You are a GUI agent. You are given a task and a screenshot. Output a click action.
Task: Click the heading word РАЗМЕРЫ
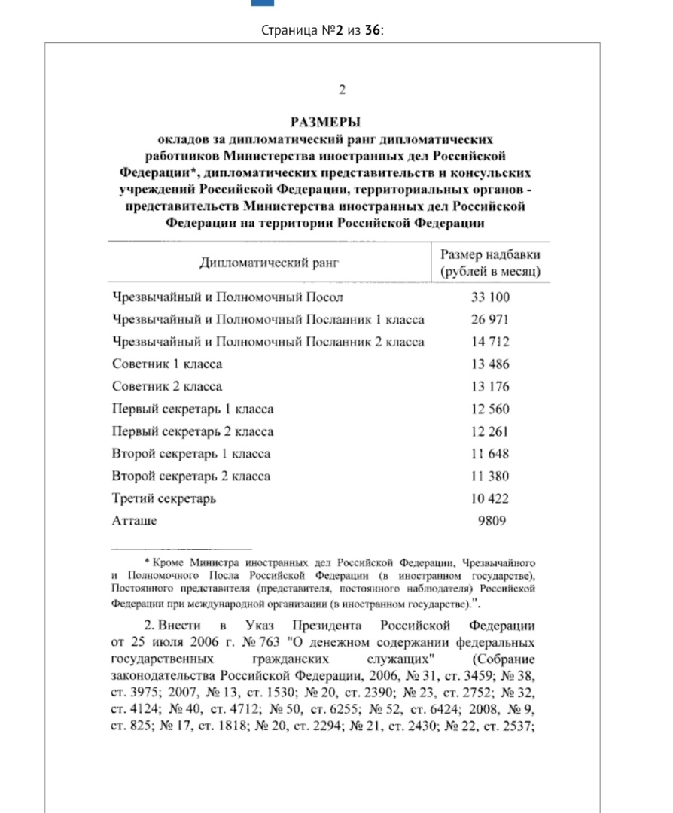pos(325,121)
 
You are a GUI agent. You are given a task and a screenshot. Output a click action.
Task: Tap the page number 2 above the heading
pos(341,90)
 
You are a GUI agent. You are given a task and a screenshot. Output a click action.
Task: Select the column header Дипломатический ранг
pos(269,263)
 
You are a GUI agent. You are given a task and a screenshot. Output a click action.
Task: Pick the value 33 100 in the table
pos(490,297)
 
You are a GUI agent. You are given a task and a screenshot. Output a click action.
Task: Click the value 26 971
pos(490,319)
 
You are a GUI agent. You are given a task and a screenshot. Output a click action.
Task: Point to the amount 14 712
pos(490,342)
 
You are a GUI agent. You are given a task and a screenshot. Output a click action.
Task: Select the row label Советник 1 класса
pos(167,364)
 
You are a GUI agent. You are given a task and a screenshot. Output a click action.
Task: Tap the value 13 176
pos(490,387)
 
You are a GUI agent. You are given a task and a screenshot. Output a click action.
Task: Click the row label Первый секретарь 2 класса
pos(193,431)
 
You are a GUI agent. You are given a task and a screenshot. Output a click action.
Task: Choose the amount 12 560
pos(490,410)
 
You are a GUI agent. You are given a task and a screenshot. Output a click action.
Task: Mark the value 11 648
pos(490,454)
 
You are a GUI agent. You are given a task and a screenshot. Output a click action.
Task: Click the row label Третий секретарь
pos(164,498)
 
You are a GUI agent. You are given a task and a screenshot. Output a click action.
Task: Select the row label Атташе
pos(134,521)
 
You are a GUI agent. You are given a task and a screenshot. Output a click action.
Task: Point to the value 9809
pos(493,521)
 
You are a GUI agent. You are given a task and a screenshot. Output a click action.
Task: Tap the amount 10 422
pos(490,498)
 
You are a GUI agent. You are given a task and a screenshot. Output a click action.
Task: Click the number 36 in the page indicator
pos(372,31)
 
